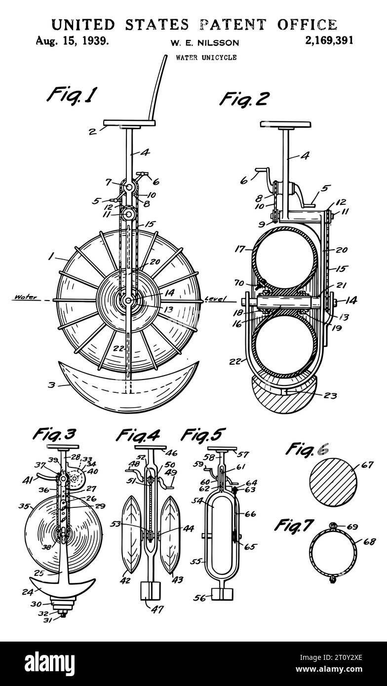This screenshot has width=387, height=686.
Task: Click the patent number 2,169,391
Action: coord(329,40)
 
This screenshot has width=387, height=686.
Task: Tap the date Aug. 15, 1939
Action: coord(72,40)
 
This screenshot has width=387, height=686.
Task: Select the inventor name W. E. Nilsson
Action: coord(205,43)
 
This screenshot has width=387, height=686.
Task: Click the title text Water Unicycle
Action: coord(206,57)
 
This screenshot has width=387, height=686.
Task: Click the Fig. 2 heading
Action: coord(244,99)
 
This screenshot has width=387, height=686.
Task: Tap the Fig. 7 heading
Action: coord(293,525)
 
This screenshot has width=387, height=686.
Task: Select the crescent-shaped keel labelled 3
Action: coord(128,387)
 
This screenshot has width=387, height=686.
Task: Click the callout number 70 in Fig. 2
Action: coord(239,283)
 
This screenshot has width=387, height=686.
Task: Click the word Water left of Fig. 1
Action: coord(26,297)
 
